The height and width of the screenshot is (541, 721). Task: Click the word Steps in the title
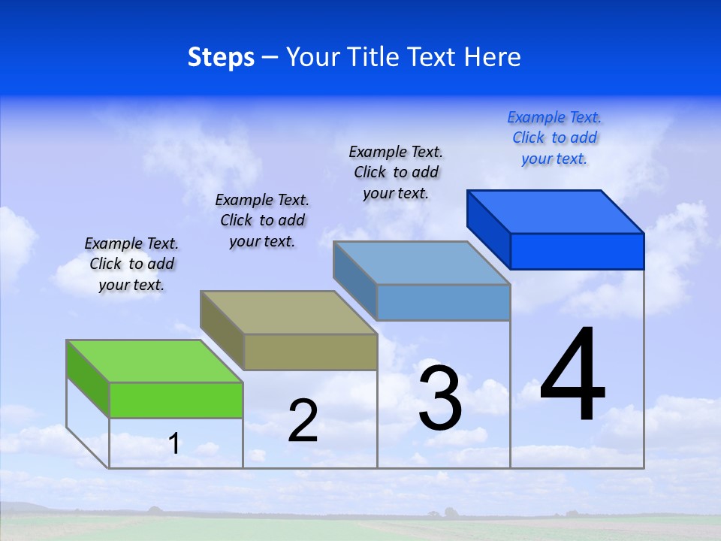tap(221, 58)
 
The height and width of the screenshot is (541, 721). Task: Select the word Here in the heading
tap(493, 58)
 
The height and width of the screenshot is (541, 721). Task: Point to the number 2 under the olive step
tap(303, 421)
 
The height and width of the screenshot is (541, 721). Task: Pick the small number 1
tap(174, 444)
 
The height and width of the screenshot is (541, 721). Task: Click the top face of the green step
tap(155, 361)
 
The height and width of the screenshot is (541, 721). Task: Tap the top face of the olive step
tap(288, 312)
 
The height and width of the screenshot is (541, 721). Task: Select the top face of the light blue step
tap(422, 263)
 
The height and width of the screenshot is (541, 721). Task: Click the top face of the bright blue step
tap(556, 212)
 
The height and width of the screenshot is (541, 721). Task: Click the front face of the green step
tap(176, 400)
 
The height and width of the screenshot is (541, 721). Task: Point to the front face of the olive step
tap(310, 352)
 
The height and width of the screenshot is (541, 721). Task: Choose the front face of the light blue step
tap(443, 302)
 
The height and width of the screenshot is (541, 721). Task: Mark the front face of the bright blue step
tap(577, 251)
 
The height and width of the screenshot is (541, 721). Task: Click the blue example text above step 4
tap(554, 138)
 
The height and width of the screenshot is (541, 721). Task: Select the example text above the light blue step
tap(396, 172)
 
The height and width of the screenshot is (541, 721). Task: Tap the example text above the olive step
tap(262, 220)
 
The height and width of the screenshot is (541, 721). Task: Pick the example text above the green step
tap(131, 264)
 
